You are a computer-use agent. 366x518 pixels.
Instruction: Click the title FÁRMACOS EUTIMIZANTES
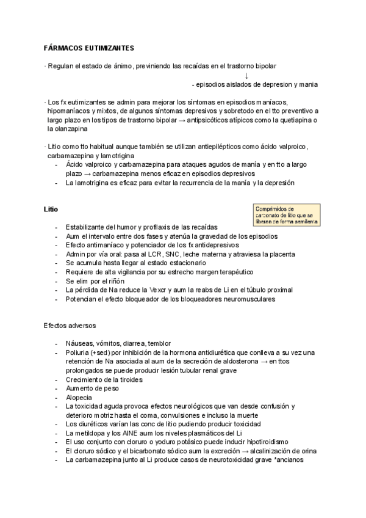tap(90, 48)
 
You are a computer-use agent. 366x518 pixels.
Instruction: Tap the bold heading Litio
tap(51, 210)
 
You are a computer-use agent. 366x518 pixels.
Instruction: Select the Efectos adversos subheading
tap(69, 326)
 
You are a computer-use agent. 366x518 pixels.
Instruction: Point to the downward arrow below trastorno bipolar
tap(246, 76)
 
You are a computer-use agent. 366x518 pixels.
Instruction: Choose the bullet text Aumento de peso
tap(95, 388)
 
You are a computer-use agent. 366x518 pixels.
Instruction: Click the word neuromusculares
tap(244, 299)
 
